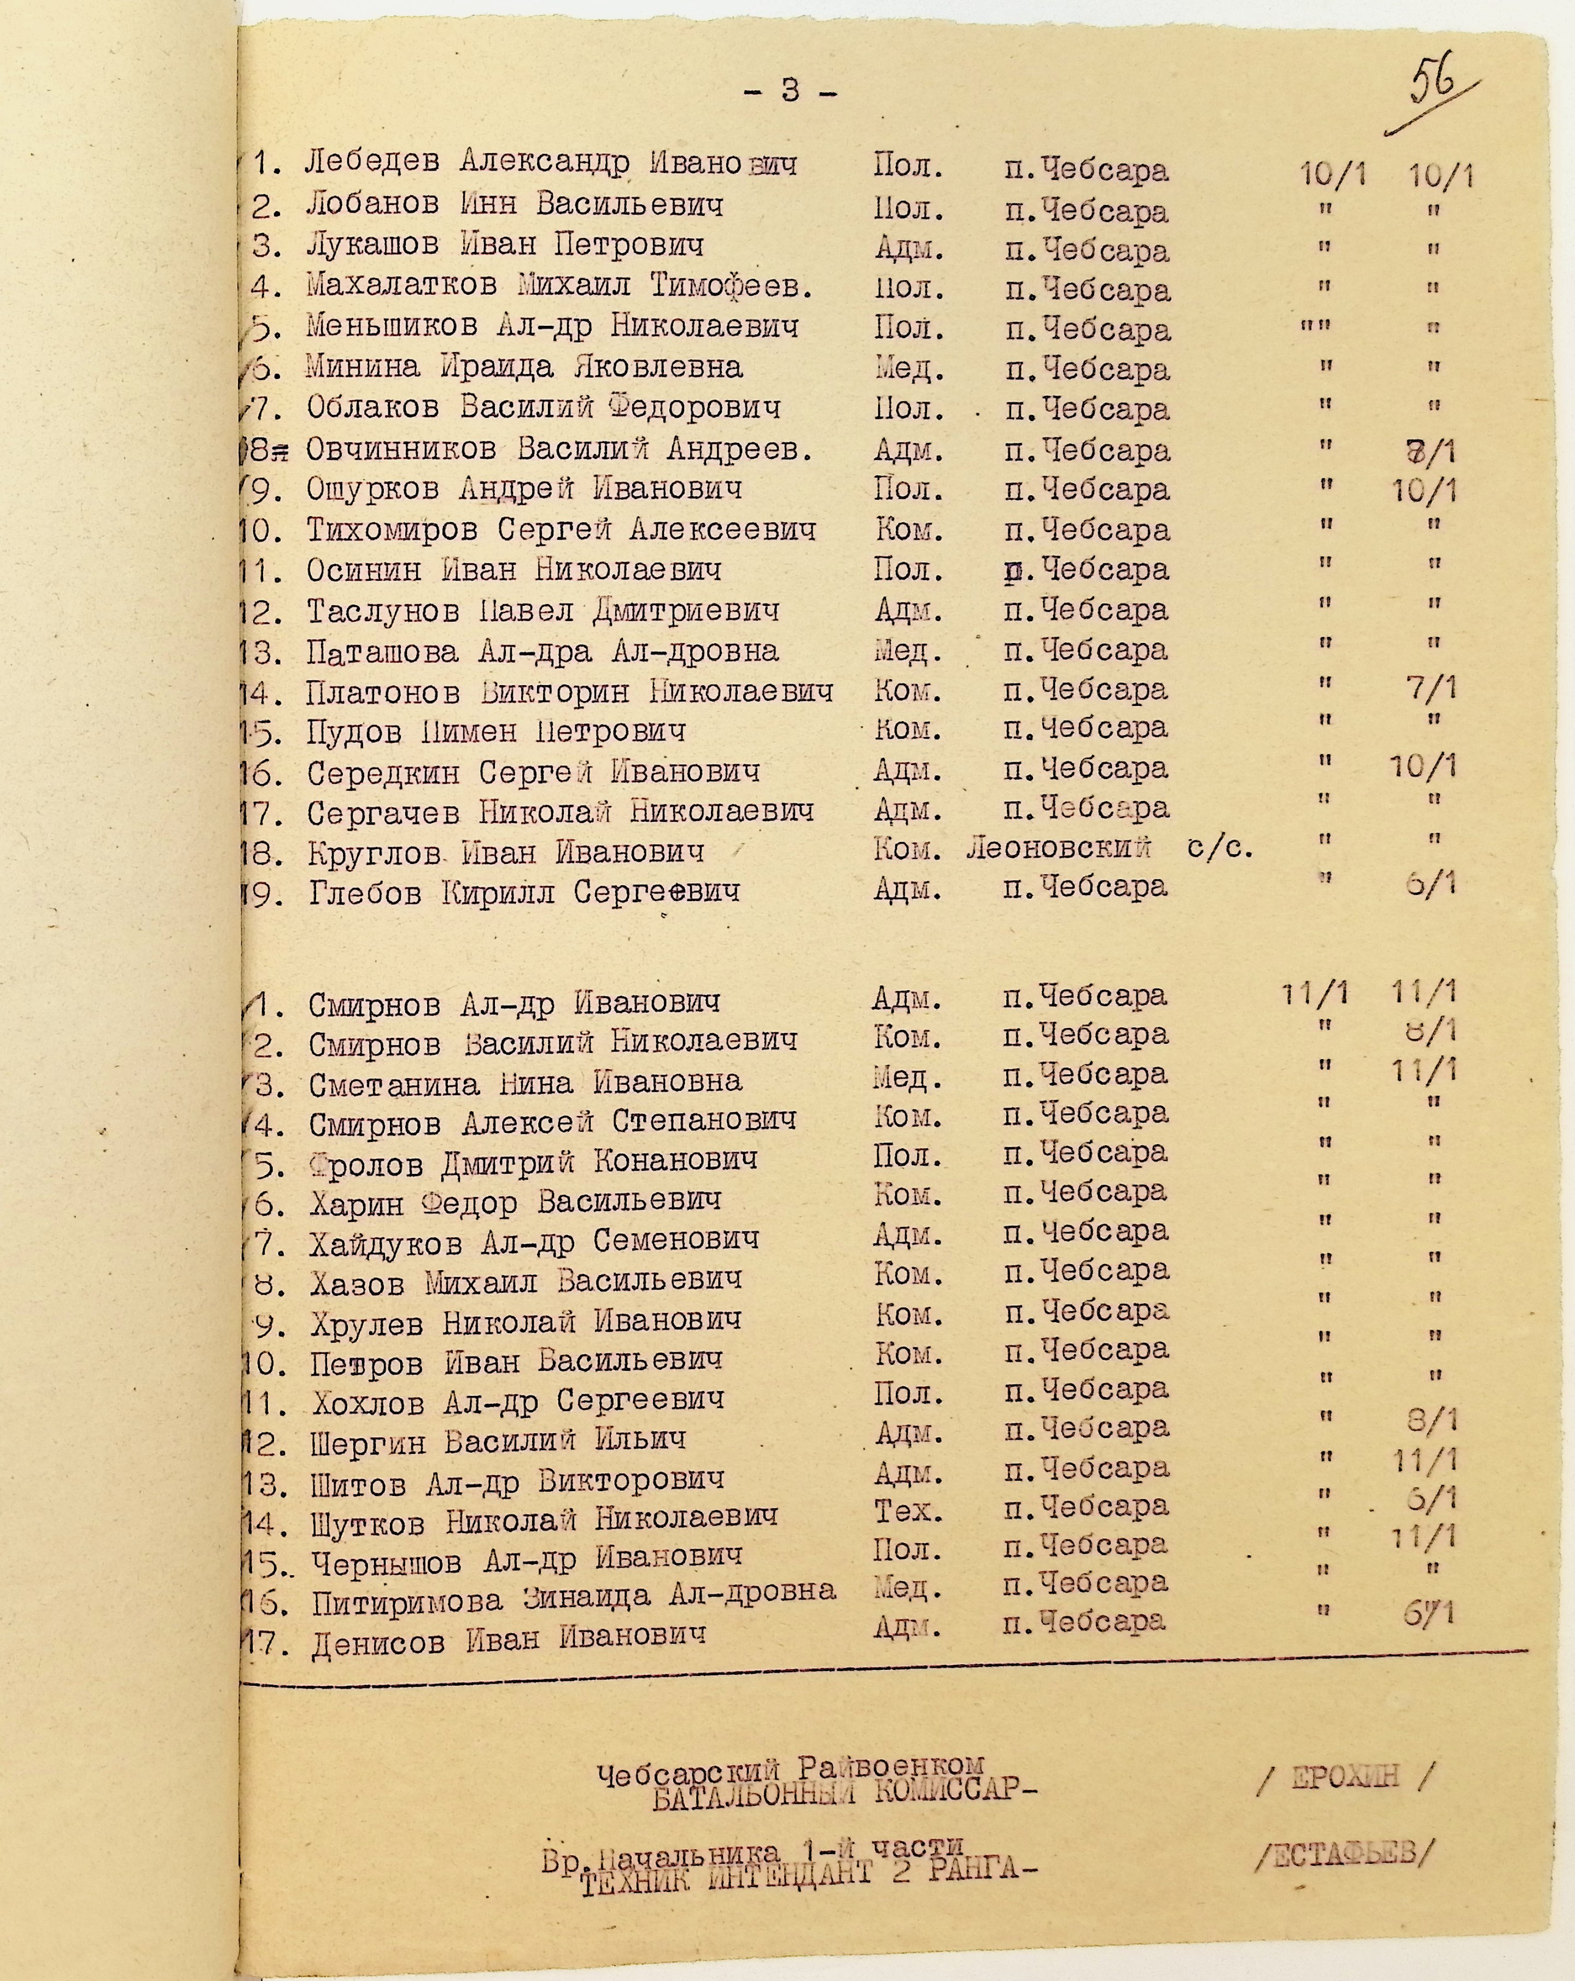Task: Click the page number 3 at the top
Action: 789,90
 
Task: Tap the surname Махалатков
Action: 401,286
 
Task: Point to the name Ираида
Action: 496,367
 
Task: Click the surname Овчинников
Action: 401,449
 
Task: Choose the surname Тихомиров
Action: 392,530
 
